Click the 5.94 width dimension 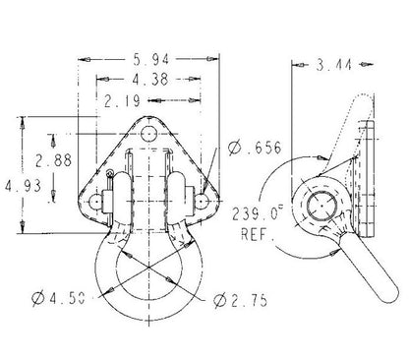(x=151, y=59)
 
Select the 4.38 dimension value (x=150, y=80)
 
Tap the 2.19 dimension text (x=122, y=100)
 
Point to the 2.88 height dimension (x=53, y=160)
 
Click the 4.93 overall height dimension (x=23, y=186)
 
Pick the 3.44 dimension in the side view (x=334, y=65)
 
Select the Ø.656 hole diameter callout (x=255, y=148)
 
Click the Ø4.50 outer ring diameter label (x=59, y=298)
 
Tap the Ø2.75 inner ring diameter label (x=240, y=300)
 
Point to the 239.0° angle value (x=258, y=214)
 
